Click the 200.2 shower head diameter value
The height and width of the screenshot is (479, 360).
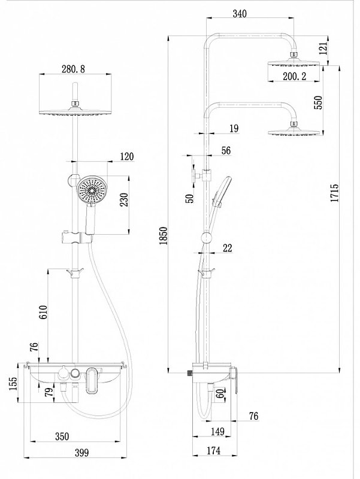(294, 76)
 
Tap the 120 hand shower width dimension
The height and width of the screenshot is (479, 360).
(126, 157)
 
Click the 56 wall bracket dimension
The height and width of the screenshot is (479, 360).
(226, 151)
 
